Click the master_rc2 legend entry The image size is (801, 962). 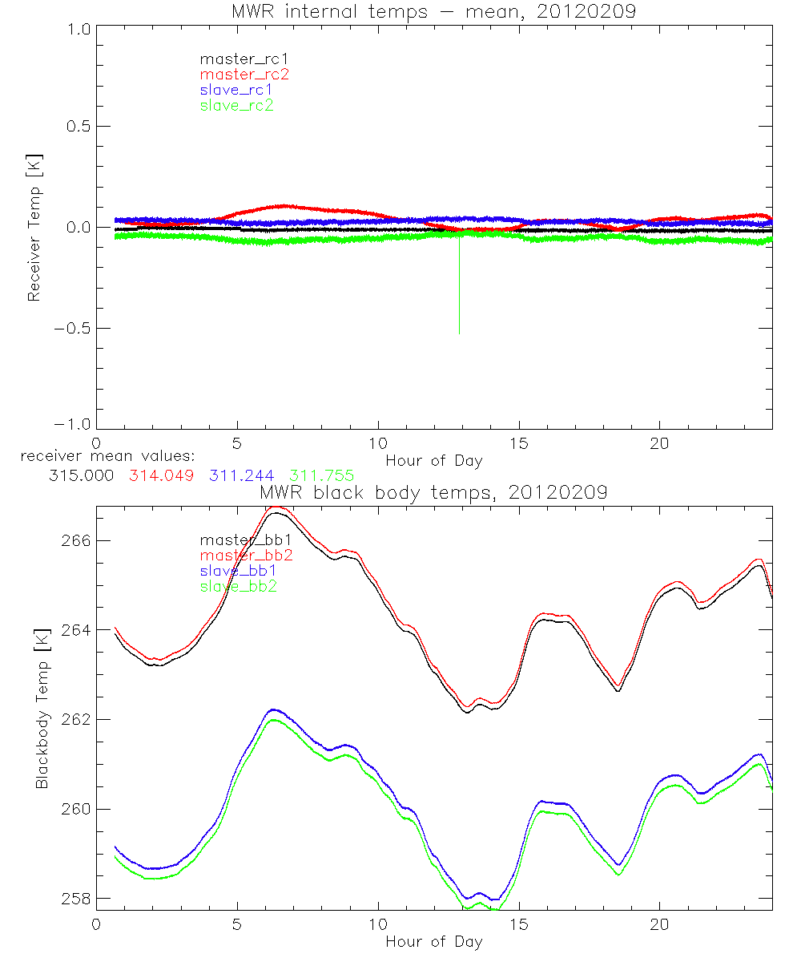244,75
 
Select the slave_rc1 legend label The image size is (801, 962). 237,90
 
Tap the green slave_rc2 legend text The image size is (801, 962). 236,105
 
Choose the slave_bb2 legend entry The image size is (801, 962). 239,587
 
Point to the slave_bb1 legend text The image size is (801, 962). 239,572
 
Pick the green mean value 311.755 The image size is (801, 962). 321,475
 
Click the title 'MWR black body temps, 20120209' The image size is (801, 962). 433,492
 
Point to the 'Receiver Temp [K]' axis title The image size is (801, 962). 34,228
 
